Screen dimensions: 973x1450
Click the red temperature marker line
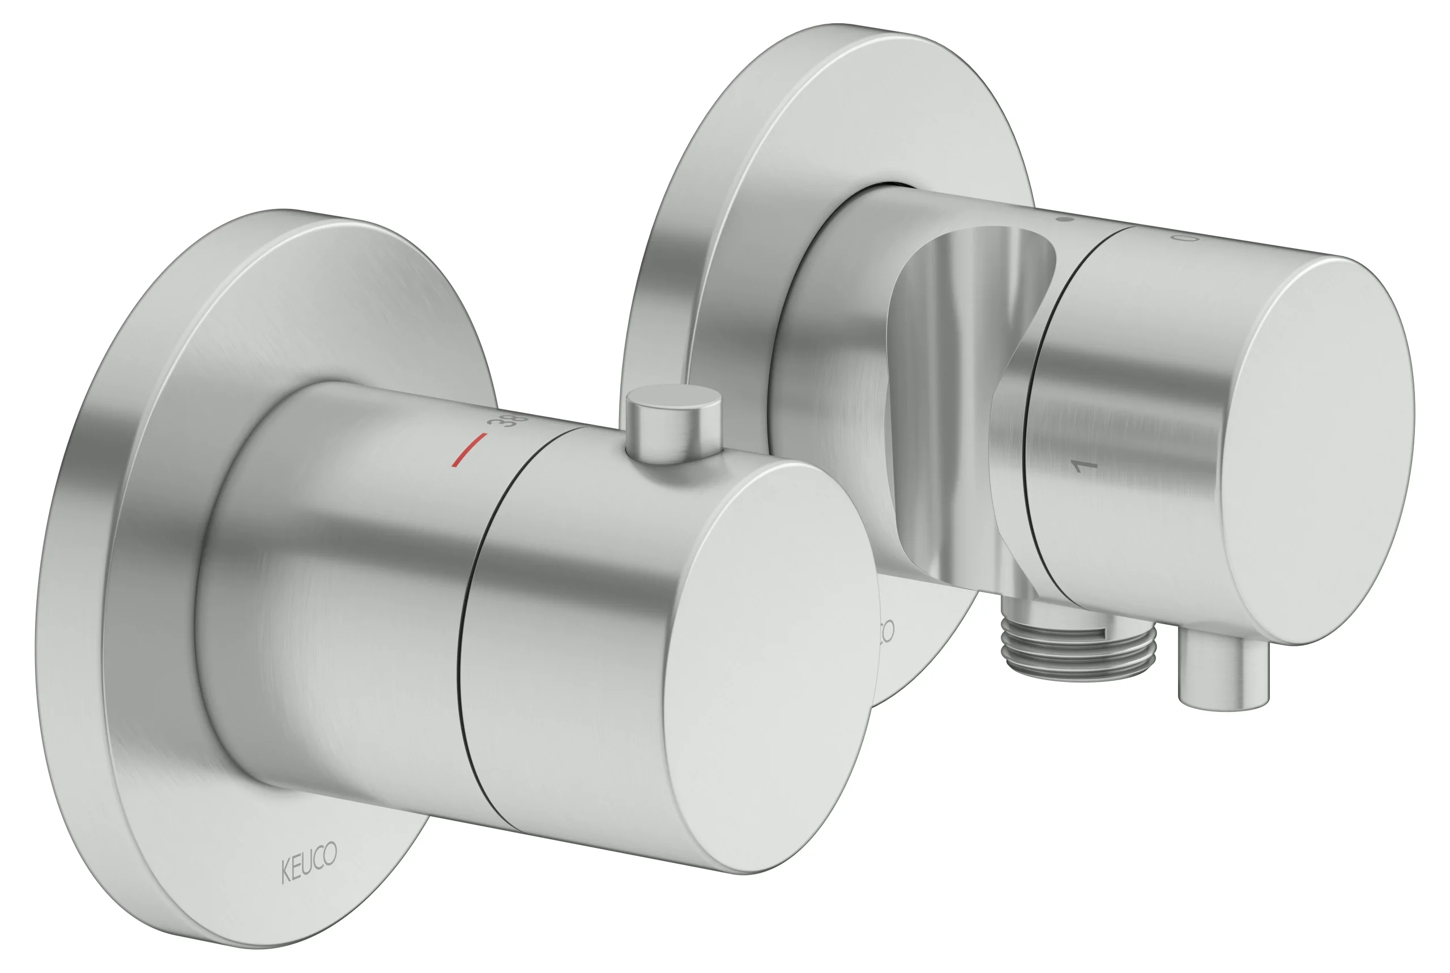click(x=470, y=450)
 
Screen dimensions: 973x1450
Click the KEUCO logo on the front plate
click(x=309, y=861)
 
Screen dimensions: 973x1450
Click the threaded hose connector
click(x=1080, y=651)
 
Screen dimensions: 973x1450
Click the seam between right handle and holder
click(x=1030, y=434)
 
